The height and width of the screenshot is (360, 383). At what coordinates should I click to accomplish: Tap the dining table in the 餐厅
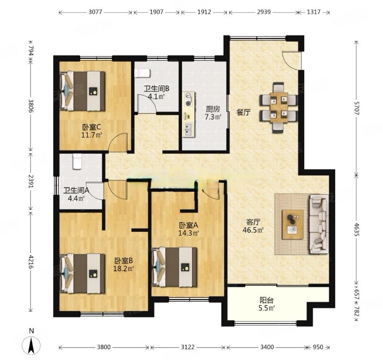tap(278, 107)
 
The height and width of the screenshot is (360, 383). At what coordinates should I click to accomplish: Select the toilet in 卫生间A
tap(77, 162)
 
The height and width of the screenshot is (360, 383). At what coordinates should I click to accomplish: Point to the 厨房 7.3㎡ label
tap(213, 113)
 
